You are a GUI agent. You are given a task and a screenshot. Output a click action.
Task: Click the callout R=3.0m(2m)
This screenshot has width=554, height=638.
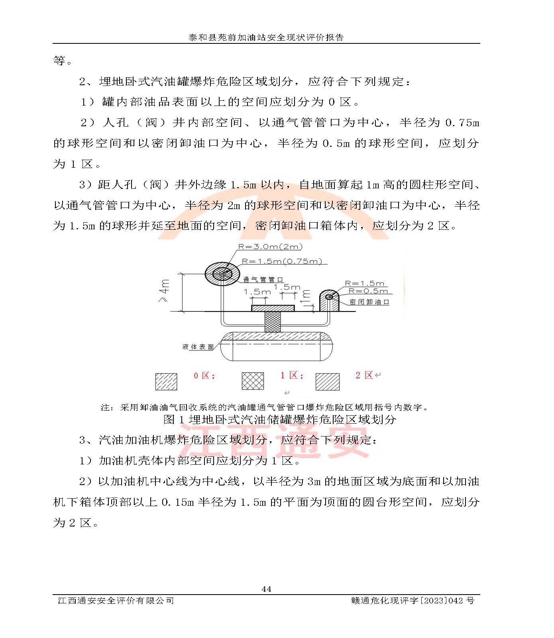click(x=270, y=247)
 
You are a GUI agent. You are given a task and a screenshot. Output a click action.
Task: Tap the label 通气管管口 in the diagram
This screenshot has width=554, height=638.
click(x=263, y=280)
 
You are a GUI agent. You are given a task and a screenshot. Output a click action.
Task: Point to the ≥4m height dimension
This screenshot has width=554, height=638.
click(x=165, y=291)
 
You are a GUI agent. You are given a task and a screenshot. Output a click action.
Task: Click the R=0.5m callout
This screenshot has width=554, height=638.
click(x=367, y=291)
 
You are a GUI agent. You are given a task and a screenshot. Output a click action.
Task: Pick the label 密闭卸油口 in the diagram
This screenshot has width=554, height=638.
click(x=369, y=302)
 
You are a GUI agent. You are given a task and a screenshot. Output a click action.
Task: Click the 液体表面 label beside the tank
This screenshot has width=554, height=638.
click(x=198, y=347)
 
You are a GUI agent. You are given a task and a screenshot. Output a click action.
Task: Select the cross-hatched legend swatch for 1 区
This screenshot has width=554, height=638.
click(x=253, y=381)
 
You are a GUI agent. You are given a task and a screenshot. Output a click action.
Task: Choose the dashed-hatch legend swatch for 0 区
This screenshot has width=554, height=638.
click(x=166, y=381)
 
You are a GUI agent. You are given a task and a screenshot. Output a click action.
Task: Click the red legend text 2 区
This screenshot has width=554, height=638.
click(x=364, y=375)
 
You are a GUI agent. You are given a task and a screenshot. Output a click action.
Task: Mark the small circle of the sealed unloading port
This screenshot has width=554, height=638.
click(x=329, y=297)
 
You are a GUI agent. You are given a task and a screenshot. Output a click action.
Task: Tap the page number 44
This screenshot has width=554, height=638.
click(x=266, y=589)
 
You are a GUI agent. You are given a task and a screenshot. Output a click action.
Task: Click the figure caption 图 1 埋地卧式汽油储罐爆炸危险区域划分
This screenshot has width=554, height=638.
click(x=279, y=419)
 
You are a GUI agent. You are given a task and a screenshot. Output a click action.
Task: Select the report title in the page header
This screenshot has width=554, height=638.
click(x=266, y=37)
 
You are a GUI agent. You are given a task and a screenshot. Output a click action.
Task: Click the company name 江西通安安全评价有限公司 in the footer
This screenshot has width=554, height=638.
click(x=116, y=601)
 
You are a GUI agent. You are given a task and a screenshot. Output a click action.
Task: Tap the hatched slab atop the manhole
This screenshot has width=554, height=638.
click(x=273, y=308)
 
